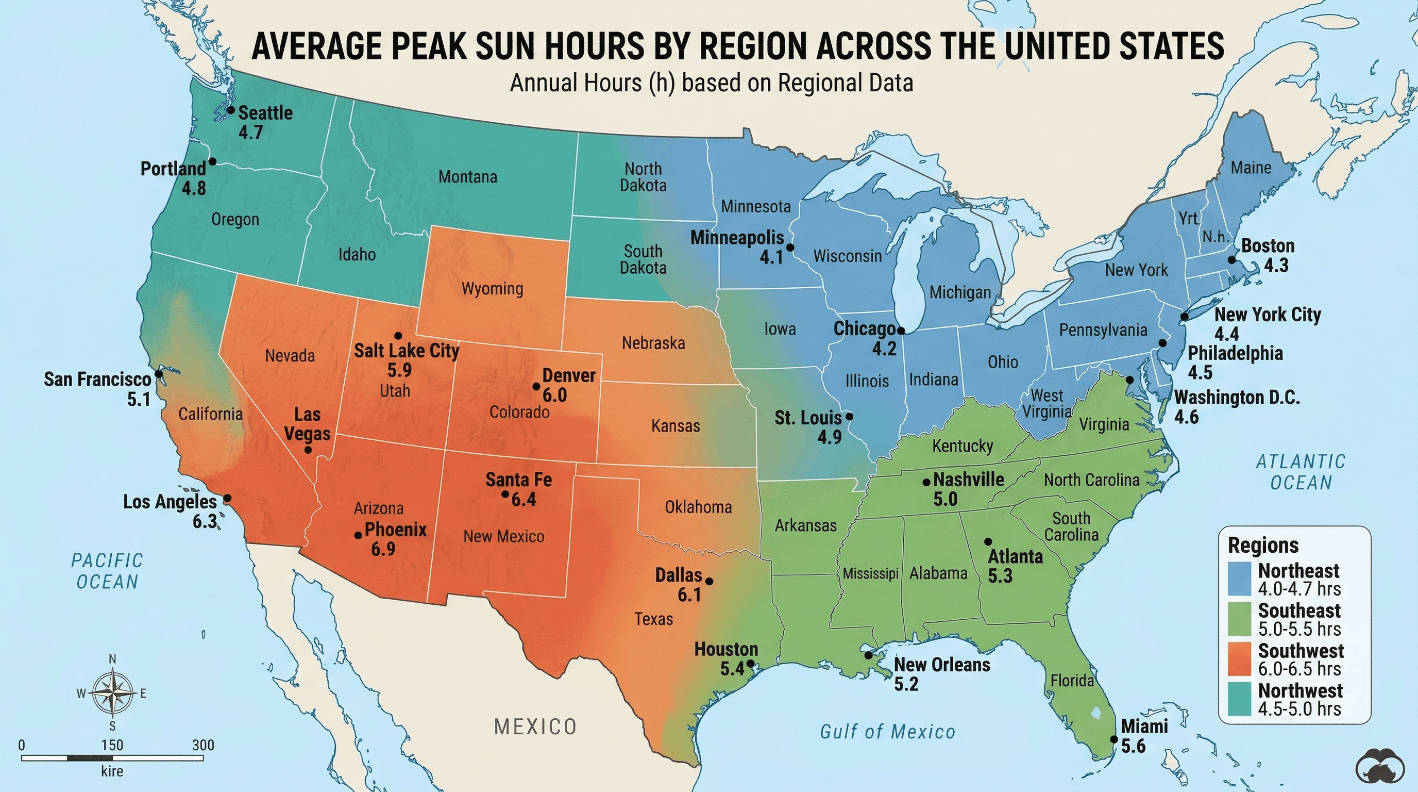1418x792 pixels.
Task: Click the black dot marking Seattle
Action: (231, 110)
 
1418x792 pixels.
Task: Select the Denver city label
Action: (569, 375)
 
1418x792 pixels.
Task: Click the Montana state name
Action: (467, 177)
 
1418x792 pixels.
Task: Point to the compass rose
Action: (112, 692)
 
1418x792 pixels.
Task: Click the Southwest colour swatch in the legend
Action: (1239, 659)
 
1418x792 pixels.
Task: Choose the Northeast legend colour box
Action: (1239, 579)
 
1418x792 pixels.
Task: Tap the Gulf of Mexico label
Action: (887, 732)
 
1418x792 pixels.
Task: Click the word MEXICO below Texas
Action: (535, 727)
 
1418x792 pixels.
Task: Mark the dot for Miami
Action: (1113, 739)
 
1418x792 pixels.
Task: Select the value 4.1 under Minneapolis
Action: (771, 257)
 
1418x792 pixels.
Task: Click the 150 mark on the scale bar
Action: (112, 746)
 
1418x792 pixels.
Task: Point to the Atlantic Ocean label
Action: (1301, 472)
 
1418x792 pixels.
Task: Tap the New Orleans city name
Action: (942, 665)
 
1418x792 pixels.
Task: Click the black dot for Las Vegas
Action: (308, 450)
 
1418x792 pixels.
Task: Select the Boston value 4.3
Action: (1276, 266)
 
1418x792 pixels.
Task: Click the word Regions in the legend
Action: (1263, 545)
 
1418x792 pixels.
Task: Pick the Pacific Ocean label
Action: (107, 571)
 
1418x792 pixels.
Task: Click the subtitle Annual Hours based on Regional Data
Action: (711, 83)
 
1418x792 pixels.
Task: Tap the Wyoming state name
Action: (492, 289)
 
